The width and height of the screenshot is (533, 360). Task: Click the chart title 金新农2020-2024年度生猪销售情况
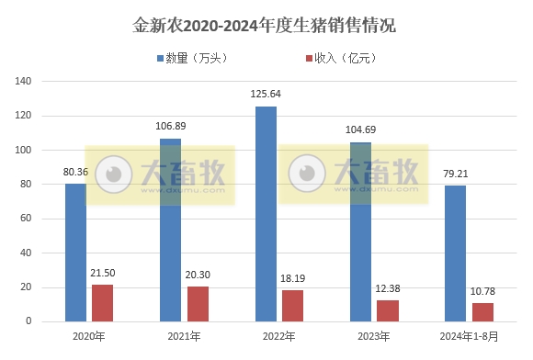(x=266, y=25)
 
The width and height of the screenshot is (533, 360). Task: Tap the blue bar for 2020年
(x=75, y=253)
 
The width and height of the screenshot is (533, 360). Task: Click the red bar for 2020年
(x=102, y=303)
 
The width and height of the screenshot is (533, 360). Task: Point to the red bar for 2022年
(x=292, y=306)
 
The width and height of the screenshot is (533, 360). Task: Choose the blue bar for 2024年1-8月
(x=455, y=253)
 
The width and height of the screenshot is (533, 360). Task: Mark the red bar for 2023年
(x=388, y=310)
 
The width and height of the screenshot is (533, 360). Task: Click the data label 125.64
(x=266, y=95)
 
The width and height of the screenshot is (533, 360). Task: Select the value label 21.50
(x=102, y=274)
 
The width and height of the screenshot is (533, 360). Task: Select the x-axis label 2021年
(x=184, y=337)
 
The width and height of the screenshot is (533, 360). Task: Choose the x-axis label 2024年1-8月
(x=469, y=337)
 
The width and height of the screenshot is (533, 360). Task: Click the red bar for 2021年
(x=198, y=304)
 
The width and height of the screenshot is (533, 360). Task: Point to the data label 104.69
(x=360, y=130)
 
